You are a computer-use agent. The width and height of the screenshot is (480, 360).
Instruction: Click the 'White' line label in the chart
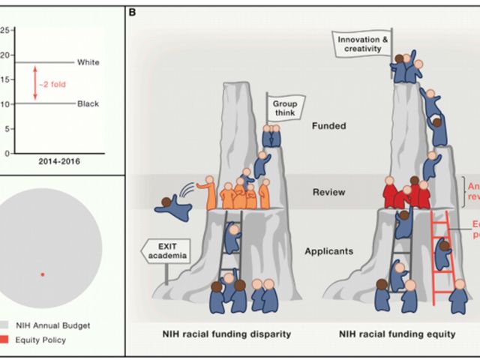[x=88, y=62]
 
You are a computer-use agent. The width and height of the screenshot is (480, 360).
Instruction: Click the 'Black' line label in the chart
[x=88, y=103]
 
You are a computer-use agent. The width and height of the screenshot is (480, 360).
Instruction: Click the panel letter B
[x=133, y=12]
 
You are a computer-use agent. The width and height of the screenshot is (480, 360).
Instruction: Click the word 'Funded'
[x=329, y=126]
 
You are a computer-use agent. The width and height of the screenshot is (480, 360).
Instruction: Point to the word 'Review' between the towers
[x=329, y=193]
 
